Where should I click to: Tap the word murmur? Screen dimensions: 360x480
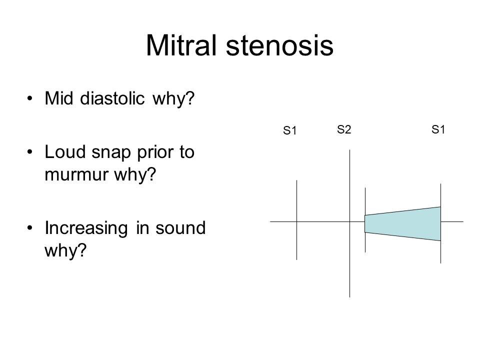(75, 175)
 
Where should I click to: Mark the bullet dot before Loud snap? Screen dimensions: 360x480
(32, 152)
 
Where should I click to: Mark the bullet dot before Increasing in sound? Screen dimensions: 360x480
(32, 228)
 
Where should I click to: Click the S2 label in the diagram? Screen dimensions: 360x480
(343, 130)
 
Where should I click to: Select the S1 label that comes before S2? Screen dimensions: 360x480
(290, 131)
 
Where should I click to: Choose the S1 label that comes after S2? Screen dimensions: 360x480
(438, 130)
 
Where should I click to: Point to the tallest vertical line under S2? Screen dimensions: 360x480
(349, 260)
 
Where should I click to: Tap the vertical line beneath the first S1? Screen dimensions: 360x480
(297, 245)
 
